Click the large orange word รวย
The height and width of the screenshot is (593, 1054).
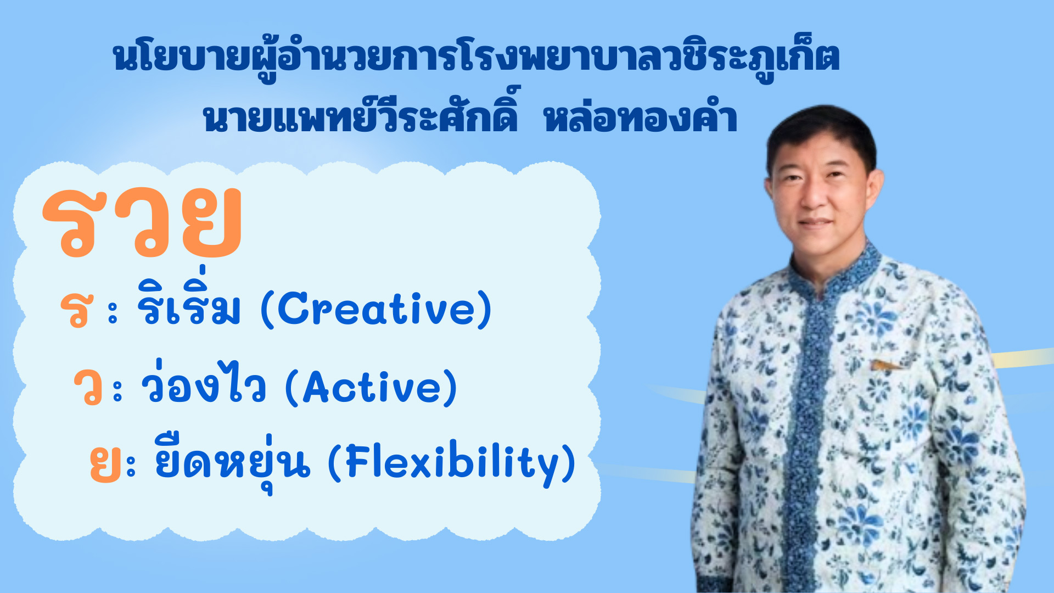coord(142,222)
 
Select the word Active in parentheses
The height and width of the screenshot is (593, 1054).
coord(372,388)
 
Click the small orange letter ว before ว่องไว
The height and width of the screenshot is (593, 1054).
coord(88,388)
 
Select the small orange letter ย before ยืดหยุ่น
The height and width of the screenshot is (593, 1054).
coord(105,465)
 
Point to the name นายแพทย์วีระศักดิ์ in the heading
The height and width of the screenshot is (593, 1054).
coord(360,113)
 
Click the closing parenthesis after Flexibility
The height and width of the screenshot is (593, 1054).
coord(569,464)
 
